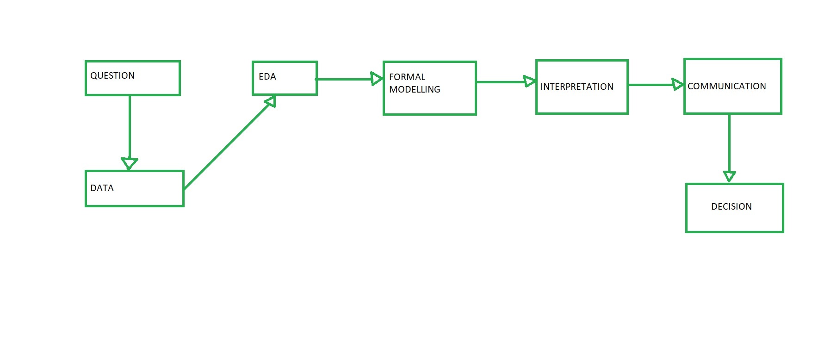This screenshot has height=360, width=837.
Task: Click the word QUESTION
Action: click(112, 76)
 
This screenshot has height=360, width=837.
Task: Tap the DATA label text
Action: click(102, 188)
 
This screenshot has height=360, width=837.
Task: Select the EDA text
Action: click(267, 77)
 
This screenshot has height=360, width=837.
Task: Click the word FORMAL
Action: click(407, 77)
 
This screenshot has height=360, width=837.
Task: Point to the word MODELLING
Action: click(415, 90)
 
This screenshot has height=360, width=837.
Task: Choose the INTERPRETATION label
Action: click(577, 87)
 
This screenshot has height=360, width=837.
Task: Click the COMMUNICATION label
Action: click(726, 87)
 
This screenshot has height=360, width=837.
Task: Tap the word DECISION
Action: click(731, 207)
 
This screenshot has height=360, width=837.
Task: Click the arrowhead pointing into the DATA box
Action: click(130, 163)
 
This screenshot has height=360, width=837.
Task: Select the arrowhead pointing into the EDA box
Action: click(271, 101)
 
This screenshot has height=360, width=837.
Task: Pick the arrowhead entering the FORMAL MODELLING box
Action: click(377, 79)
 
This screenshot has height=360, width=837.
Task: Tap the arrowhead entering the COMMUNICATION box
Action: click(678, 85)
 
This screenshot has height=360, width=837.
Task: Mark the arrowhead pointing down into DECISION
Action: click(730, 176)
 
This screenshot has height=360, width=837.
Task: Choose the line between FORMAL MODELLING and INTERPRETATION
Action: click(500, 82)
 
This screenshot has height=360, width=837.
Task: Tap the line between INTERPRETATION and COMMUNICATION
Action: click(650, 85)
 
